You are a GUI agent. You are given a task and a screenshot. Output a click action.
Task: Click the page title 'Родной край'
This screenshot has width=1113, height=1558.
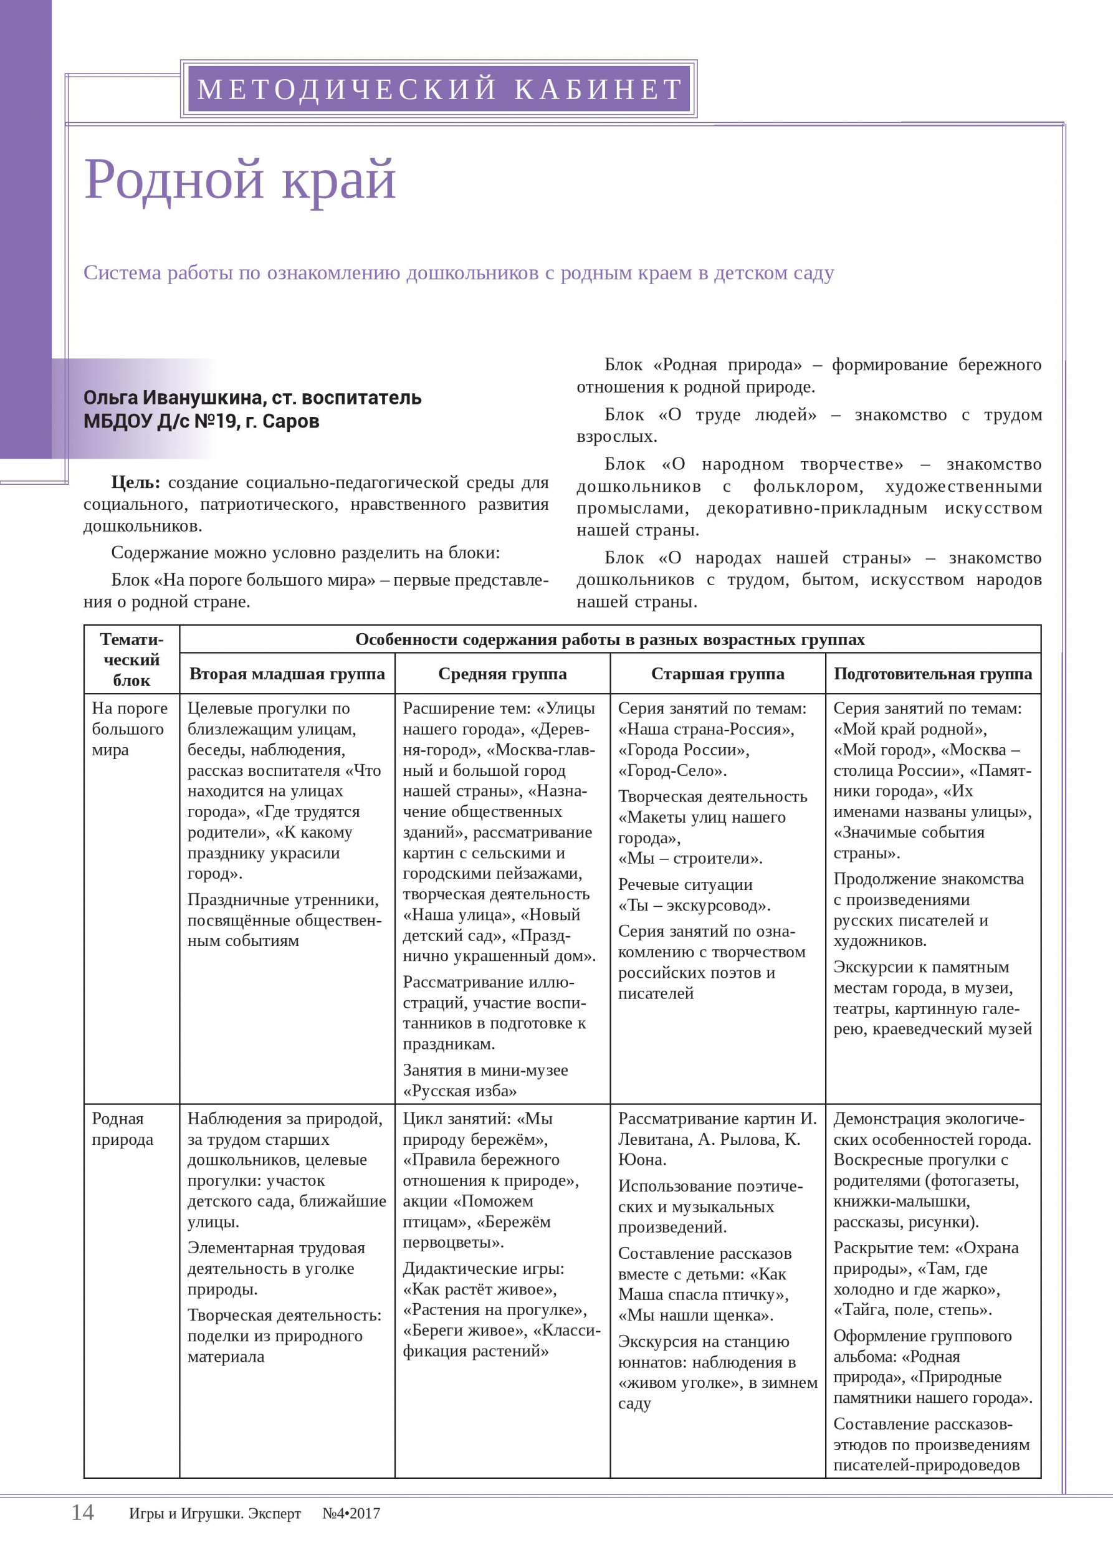240,179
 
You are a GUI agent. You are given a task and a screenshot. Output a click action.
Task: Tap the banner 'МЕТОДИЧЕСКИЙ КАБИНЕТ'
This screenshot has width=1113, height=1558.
439,89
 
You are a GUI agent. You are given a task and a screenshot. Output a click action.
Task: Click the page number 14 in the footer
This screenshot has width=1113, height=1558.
82,1512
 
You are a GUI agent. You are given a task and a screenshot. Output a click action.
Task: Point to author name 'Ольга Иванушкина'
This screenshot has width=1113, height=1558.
173,398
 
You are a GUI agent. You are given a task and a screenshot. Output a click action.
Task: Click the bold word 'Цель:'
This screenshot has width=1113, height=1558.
135,482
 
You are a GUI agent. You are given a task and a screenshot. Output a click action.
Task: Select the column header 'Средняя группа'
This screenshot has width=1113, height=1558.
502,674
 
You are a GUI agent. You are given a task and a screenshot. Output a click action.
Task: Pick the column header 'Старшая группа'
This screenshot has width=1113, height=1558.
717,674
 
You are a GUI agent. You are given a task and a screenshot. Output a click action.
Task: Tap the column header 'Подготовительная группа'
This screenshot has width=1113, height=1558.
932,674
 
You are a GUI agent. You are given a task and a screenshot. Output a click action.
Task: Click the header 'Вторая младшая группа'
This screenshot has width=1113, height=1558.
287,674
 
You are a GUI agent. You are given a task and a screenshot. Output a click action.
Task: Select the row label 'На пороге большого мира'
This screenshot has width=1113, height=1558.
129,729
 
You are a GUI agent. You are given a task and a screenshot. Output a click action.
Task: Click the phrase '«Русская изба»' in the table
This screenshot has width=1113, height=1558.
459,1091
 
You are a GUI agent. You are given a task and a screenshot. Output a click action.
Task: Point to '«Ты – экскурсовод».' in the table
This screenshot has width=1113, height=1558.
694,906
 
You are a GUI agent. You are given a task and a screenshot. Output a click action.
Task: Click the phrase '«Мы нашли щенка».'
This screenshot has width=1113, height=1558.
695,1316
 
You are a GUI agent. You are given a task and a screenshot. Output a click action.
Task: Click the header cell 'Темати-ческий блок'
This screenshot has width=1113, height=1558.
131,659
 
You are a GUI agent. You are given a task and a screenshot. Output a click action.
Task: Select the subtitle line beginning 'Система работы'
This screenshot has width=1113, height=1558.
458,273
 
